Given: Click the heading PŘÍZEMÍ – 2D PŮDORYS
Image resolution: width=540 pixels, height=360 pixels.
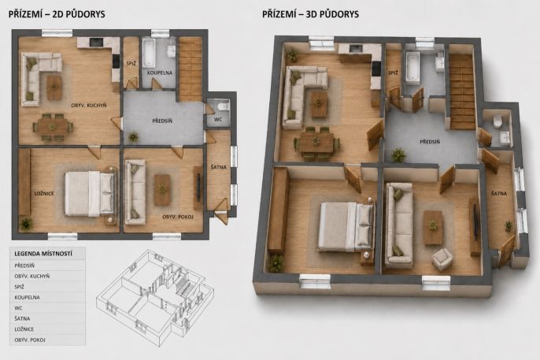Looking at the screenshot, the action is point(57,14).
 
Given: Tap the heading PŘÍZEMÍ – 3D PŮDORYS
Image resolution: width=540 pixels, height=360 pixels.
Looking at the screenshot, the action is point(310,14).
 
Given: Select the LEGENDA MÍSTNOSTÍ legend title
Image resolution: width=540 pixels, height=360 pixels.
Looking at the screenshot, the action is point(43,254).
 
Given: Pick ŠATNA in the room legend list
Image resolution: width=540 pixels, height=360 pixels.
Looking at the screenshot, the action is point(22,318).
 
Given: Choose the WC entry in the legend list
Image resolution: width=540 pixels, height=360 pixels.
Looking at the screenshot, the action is point(18,308).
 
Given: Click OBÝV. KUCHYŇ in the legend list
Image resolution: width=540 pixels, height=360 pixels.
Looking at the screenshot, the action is point(32,276).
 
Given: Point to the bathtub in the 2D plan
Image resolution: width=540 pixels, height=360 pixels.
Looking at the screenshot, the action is point(149,53).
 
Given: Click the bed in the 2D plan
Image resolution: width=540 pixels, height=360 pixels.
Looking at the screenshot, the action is point(91,194).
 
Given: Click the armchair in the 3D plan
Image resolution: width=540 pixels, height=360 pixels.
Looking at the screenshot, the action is point(442,258).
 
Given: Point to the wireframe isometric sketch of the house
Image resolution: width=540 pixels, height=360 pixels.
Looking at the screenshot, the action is point(155,293).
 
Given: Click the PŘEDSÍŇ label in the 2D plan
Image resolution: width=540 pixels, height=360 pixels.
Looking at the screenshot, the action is point(162,121).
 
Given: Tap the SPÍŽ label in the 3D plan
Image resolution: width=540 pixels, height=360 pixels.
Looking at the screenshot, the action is point(393,73).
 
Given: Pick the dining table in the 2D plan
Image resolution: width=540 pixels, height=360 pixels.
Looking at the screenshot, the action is point(53,127).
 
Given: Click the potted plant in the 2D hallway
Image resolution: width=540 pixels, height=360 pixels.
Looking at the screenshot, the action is point(133,137).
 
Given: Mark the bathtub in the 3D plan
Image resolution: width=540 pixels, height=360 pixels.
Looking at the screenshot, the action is point(412,68).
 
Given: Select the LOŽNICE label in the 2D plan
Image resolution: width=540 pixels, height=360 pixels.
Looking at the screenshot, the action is point(44,194).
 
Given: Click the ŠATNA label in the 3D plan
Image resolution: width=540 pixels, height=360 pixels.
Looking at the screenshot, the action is point(499,194).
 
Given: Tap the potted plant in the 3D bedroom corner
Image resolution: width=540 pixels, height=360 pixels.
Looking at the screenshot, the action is point(276,263).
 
